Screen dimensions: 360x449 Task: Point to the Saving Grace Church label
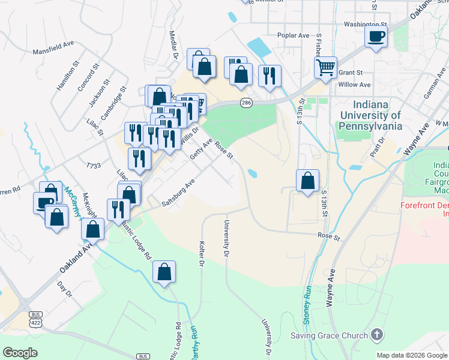pos(328,335)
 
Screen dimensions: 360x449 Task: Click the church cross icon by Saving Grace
pos(376,334)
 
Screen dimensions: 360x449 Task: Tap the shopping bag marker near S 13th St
pos(307,180)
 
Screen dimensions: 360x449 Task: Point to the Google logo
pos(20,352)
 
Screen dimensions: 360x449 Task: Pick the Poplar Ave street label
pos(293,35)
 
